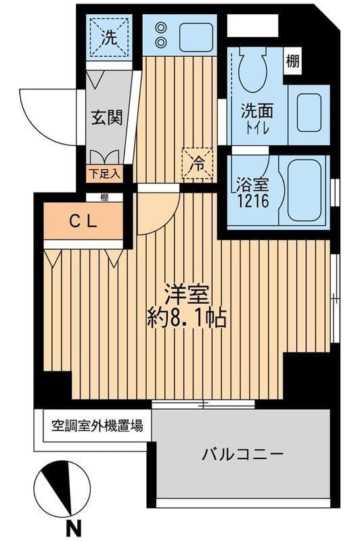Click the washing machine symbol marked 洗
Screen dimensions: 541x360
(x=108, y=38)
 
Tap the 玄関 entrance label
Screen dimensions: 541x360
(x=107, y=117)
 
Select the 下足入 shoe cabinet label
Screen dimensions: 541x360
(x=104, y=173)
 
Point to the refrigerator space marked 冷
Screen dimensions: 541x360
(x=197, y=163)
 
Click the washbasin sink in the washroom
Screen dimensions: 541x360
(x=309, y=108)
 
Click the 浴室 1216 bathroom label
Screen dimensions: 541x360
(x=252, y=190)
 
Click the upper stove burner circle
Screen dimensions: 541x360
(x=161, y=27)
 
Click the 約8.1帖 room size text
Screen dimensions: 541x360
(x=187, y=317)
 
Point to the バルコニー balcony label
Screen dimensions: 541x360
(x=242, y=454)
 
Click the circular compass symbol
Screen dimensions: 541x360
(x=62, y=488)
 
